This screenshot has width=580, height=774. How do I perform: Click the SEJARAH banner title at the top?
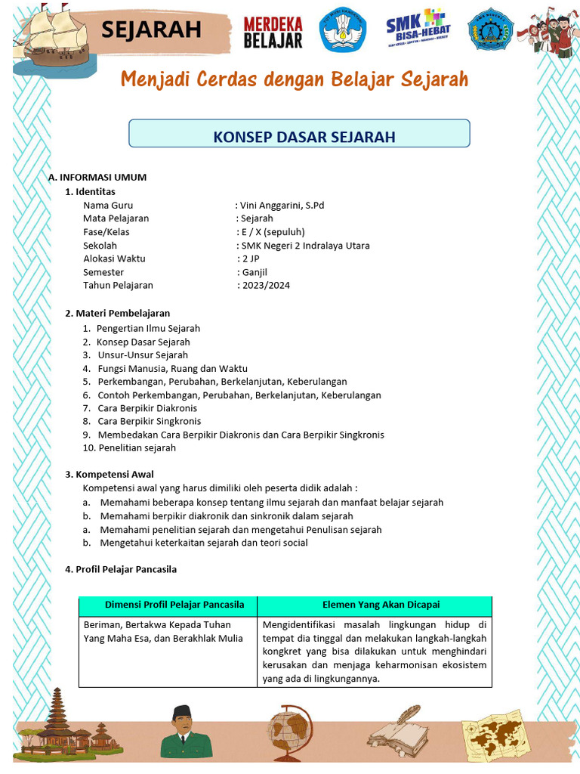point(151,29)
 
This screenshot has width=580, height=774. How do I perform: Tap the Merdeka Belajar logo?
point(273,32)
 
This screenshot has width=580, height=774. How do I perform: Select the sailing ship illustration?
point(53,38)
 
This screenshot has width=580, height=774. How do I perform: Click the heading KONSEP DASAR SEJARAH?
point(304,137)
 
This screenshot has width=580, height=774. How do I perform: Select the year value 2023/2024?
point(265,286)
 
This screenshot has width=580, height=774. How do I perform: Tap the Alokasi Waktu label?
point(114,259)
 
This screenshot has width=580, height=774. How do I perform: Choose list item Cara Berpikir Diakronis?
point(147,408)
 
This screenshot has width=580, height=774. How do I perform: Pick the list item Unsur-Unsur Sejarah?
point(142,355)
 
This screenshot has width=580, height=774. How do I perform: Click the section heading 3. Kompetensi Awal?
point(110,475)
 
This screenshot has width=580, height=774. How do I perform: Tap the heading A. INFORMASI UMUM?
point(97,177)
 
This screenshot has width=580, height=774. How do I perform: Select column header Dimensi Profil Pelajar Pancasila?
point(174,605)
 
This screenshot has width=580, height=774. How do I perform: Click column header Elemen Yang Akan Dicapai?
point(381,605)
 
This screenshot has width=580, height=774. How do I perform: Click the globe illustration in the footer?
point(290,729)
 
